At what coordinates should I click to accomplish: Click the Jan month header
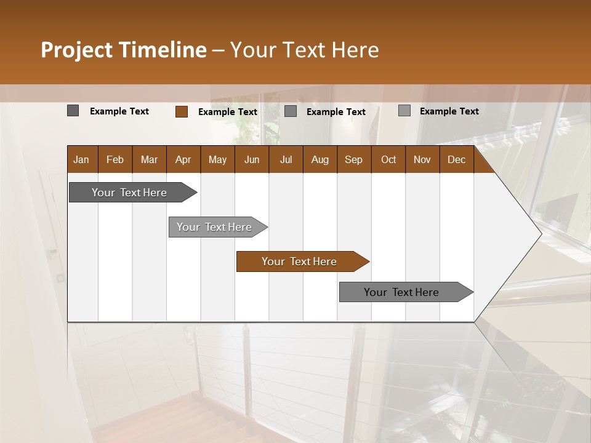click(81, 159)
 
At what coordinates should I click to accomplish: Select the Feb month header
click(115, 159)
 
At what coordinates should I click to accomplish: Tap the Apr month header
click(183, 159)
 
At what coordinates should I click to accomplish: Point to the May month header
click(217, 159)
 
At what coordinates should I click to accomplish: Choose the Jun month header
click(252, 159)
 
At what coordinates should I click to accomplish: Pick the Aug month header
click(320, 159)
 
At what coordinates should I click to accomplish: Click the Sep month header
click(353, 159)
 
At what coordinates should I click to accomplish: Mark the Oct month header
click(388, 159)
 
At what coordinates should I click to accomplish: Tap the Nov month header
click(422, 159)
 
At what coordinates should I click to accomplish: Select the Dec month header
click(456, 159)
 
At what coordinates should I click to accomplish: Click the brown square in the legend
click(181, 111)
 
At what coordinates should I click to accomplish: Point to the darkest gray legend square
click(73, 111)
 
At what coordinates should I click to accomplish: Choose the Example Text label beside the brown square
click(228, 112)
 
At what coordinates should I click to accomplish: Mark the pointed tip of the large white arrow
click(541, 234)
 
